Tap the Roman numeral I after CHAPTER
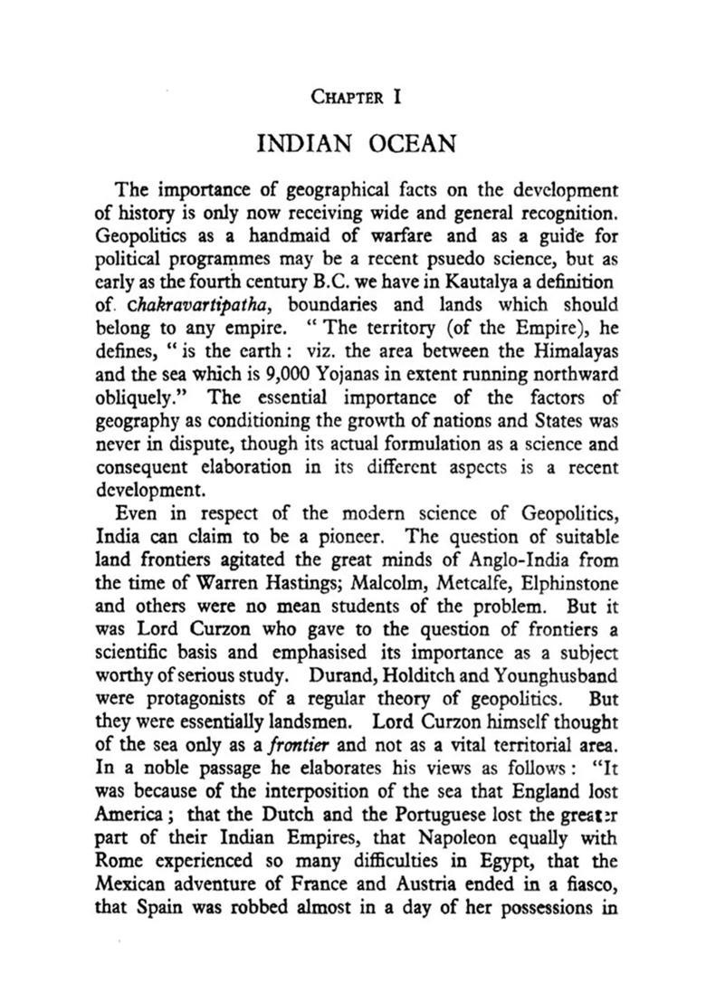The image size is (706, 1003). [396, 95]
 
